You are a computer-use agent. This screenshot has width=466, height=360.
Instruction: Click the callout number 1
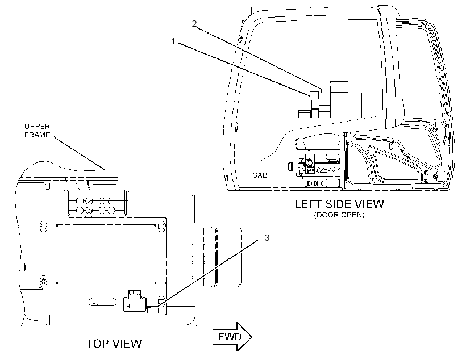(x=173, y=41)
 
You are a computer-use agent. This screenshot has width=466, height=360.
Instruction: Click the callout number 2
(x=194, y=23)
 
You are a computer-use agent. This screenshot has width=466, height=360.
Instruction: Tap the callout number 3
(x=267, y=237)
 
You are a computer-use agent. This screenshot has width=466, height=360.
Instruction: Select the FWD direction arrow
(x=232, y=337)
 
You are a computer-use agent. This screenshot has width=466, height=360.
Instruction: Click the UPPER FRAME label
(x=37, y=131)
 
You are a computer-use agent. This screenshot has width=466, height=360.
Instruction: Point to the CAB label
(x=260, y=175)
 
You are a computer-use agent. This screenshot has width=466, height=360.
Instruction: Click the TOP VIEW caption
(x=114, y=344)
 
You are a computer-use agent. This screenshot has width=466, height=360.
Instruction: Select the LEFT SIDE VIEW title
(x=339, y=204)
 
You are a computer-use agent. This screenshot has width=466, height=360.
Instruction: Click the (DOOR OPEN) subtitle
(x=339, y=215)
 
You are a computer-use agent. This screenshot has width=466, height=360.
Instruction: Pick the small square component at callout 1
(x=314, y=95)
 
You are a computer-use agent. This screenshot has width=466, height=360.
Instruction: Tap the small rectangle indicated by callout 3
(x=153, y=309)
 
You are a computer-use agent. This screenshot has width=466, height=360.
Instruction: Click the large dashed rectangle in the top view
(x=106, y=254)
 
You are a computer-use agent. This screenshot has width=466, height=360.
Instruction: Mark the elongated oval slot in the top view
(x=102, y=302)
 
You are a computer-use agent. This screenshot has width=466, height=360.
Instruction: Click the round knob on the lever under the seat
(x=290, y=166)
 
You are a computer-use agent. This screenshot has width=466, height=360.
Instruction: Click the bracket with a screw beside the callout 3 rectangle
(x=135, y=301)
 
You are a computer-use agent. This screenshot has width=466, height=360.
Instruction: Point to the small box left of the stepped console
(x=305, y=114)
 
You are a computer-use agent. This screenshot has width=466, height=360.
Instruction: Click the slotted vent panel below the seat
(x=315, y=183)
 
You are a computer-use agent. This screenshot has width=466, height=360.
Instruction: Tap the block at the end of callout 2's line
(x=326, y=91)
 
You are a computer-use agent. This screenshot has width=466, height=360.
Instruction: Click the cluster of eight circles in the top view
(x=95, y=205)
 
